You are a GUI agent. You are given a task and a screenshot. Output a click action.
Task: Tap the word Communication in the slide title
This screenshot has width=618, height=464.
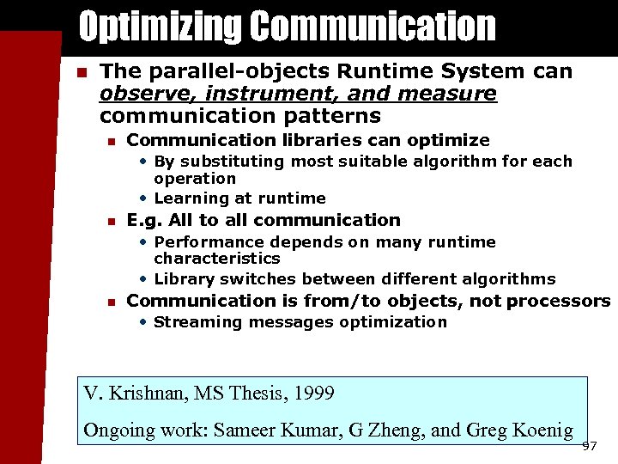(373, 27)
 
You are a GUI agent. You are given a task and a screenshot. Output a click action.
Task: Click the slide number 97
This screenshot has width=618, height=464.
(589, 446)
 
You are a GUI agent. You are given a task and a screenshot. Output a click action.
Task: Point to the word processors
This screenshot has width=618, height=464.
(558, 301)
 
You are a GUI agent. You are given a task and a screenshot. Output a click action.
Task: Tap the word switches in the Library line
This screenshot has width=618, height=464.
(251, 279)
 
